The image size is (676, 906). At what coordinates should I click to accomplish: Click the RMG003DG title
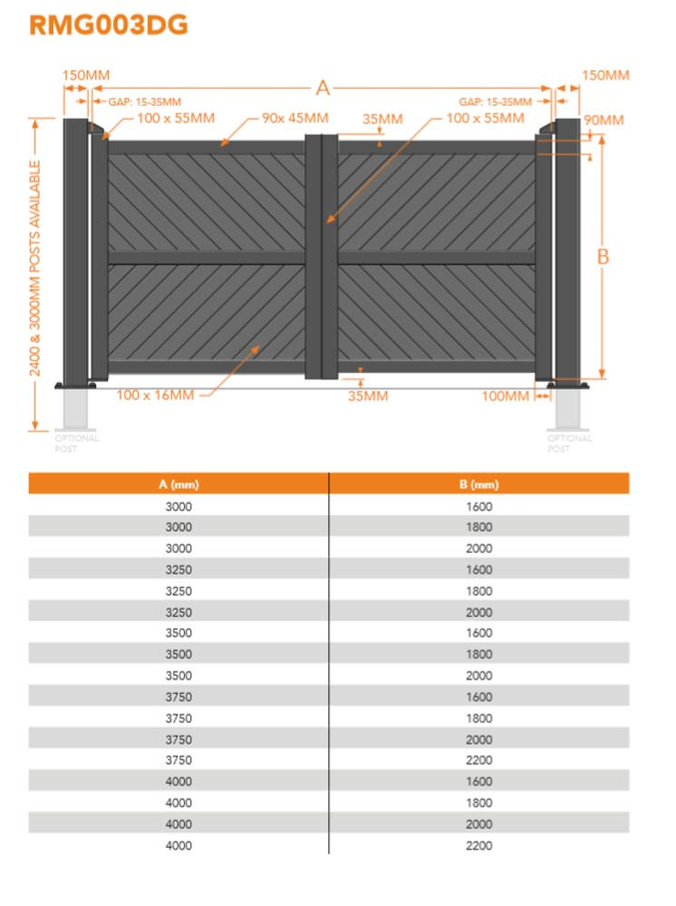(x=109, y=25)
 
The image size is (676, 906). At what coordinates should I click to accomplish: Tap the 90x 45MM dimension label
(x=295, y=119)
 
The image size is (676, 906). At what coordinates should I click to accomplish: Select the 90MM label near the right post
(x=604, y=120)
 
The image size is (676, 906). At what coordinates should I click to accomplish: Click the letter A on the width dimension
(x=323, y=88)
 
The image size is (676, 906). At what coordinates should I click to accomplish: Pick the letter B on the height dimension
(x=603, y=256)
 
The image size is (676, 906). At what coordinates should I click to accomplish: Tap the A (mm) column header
(x=179, y=485)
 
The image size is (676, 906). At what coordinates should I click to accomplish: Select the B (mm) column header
(x=478, y=485)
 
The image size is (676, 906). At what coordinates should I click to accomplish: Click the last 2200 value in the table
(x=478, y=845)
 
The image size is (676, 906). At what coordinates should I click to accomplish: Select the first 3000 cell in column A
(x=179, y=506)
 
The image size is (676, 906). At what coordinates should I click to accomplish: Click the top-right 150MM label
(x=605, y=75)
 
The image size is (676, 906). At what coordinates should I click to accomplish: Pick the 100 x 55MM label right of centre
(x=485, y=119)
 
